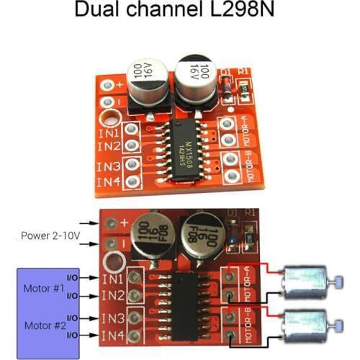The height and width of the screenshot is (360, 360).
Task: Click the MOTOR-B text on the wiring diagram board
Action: (x=245, y=325)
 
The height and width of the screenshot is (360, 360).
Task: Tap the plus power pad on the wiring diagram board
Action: (x=110, y=224)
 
